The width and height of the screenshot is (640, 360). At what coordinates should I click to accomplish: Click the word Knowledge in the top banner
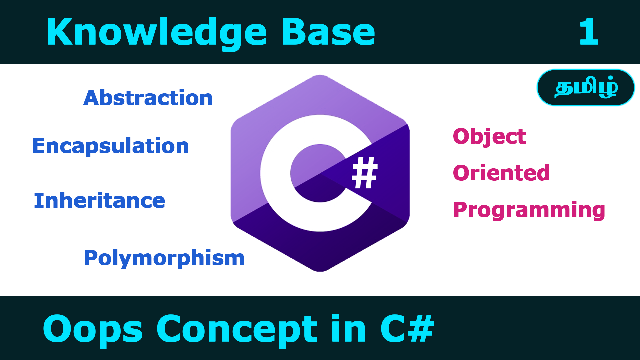pos(157,32)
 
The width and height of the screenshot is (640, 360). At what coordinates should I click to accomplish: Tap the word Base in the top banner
pos(328,32)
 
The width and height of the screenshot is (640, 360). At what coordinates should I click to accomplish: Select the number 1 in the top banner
pos(589,32)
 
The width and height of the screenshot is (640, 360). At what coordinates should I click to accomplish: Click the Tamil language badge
pos(586,88)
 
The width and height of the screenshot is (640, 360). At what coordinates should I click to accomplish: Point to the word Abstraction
pos(148,98)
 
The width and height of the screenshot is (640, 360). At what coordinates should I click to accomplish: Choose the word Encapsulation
pos(111,146)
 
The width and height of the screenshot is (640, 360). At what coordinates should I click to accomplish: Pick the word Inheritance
pos(99,201)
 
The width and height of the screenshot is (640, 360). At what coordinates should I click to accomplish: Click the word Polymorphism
pos(164,258)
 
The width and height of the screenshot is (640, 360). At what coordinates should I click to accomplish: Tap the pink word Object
pos(489,136)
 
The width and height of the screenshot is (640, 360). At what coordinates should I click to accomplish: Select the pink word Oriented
pos(501,173)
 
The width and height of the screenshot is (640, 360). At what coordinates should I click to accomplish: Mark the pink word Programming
pos(529,210)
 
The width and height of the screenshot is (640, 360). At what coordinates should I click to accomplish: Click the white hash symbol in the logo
pos(365,173)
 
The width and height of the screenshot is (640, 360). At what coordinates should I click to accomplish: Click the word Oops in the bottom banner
pos(93,329)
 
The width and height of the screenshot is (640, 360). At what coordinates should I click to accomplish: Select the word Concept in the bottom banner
pos(237,329)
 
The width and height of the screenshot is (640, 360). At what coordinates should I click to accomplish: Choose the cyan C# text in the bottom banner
pos(407,329)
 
